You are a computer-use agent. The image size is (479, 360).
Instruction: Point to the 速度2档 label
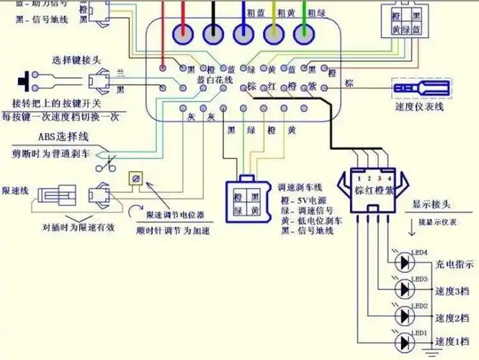point(452,318)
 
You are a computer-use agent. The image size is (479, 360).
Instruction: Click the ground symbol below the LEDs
point(432,351)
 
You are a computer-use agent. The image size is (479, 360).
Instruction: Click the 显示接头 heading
point(432,204)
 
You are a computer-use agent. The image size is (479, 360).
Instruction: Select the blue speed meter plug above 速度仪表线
point(418,89)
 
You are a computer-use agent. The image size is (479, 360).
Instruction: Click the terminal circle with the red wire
point(184,32)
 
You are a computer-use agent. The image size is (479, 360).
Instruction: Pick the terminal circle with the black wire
point(213,32)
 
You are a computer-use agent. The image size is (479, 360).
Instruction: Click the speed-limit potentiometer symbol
point(135,178)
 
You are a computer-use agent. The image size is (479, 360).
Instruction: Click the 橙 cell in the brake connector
point(238,197)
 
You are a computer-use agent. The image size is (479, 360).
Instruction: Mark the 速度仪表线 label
point(420,107)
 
